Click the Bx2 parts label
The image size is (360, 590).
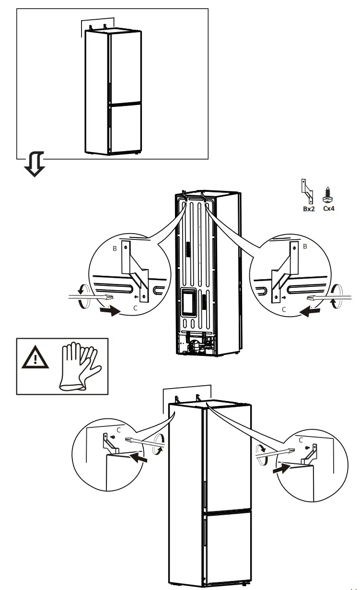(x=309, y=209)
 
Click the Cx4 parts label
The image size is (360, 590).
(x=329, y=209)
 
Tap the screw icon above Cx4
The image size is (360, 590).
(x=327, y=195)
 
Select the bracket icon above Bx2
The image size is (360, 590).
(x=307, y=191)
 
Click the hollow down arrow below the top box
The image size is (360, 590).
(x=35, y=164)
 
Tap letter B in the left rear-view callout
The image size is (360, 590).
(x=115, y=248)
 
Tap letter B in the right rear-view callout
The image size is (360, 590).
(x=305, y=246)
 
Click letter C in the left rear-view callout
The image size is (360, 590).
(x=135, y=308)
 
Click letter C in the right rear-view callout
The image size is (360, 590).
(x=284, y=309)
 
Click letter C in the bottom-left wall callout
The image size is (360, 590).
(x=119, y=430)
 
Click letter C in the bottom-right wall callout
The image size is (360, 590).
(x=301, y=440)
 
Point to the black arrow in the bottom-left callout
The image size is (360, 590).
(x=139, y=457)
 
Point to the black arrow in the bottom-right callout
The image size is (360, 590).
(x=281, y=468)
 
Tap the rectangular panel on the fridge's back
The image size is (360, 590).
(x=189, y=302)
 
